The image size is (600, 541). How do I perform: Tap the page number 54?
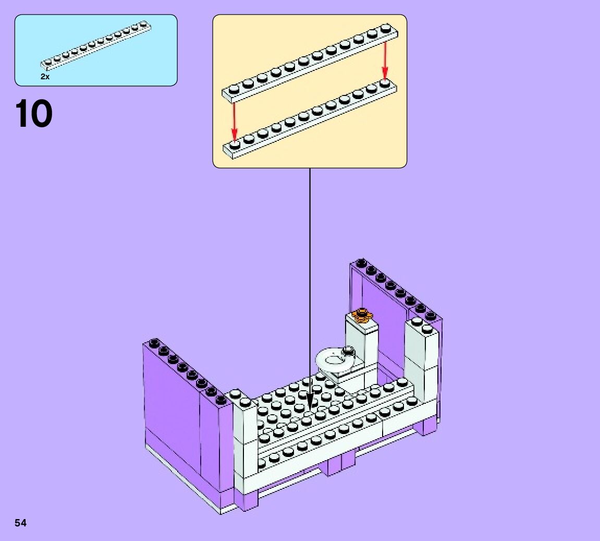point(20,523)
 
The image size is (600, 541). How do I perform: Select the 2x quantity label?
point(45,77)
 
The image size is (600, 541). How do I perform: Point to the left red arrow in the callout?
point(234,121)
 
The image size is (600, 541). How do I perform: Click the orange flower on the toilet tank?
point(361,315)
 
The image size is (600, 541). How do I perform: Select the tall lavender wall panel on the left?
point(172,412)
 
